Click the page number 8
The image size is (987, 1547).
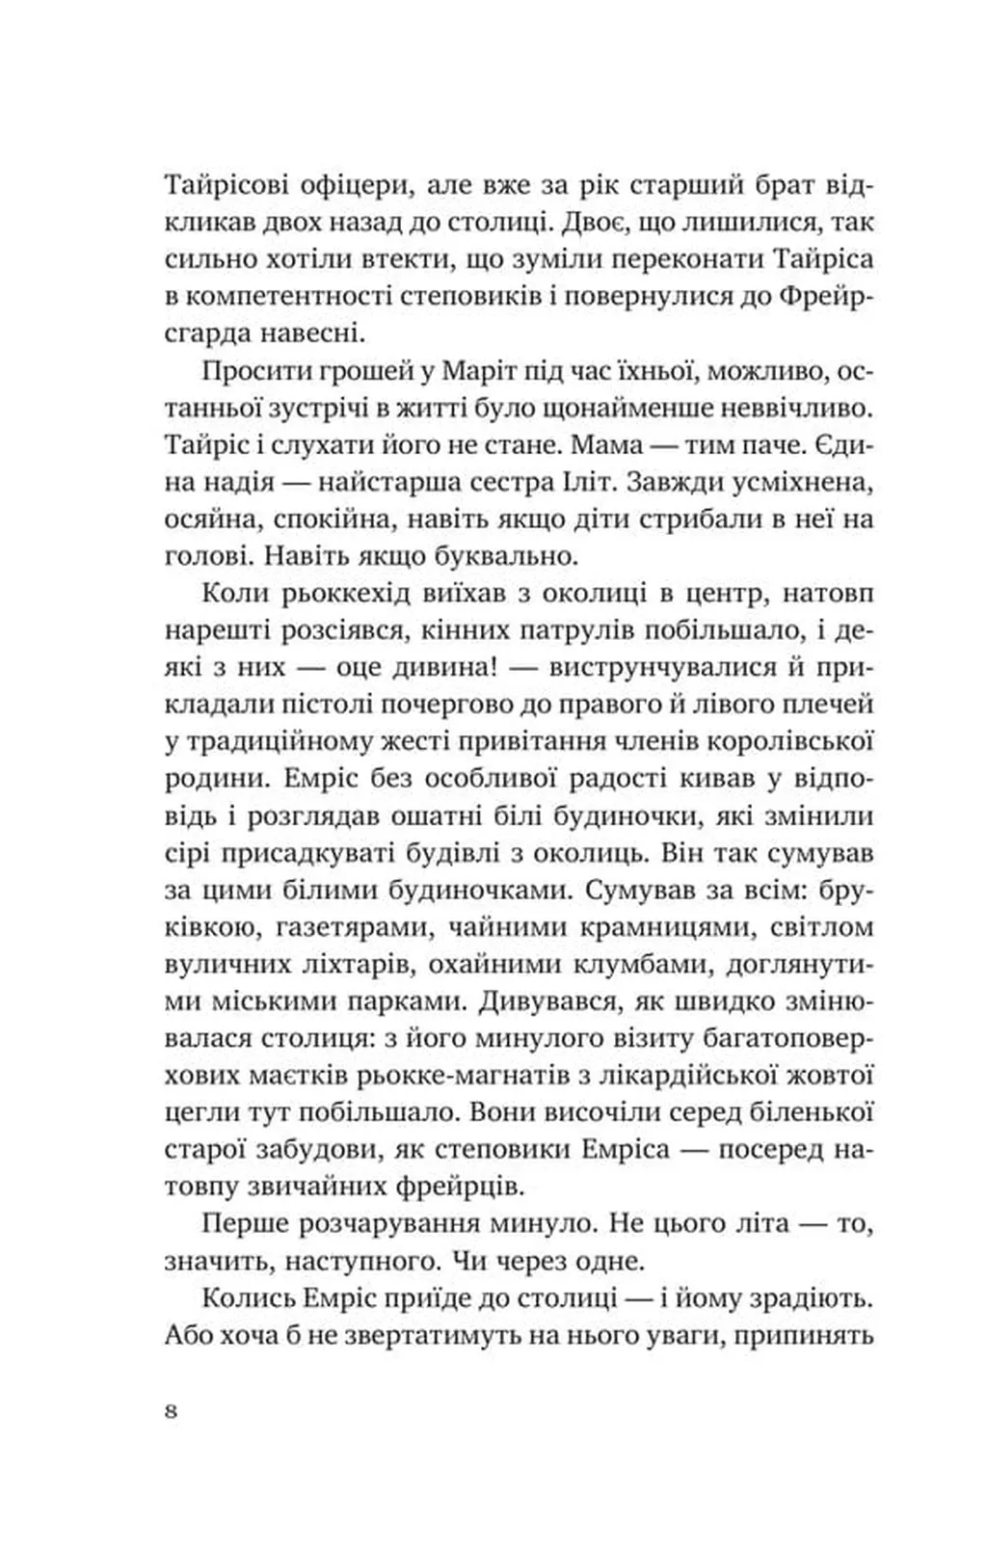tap(172, 1411)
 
